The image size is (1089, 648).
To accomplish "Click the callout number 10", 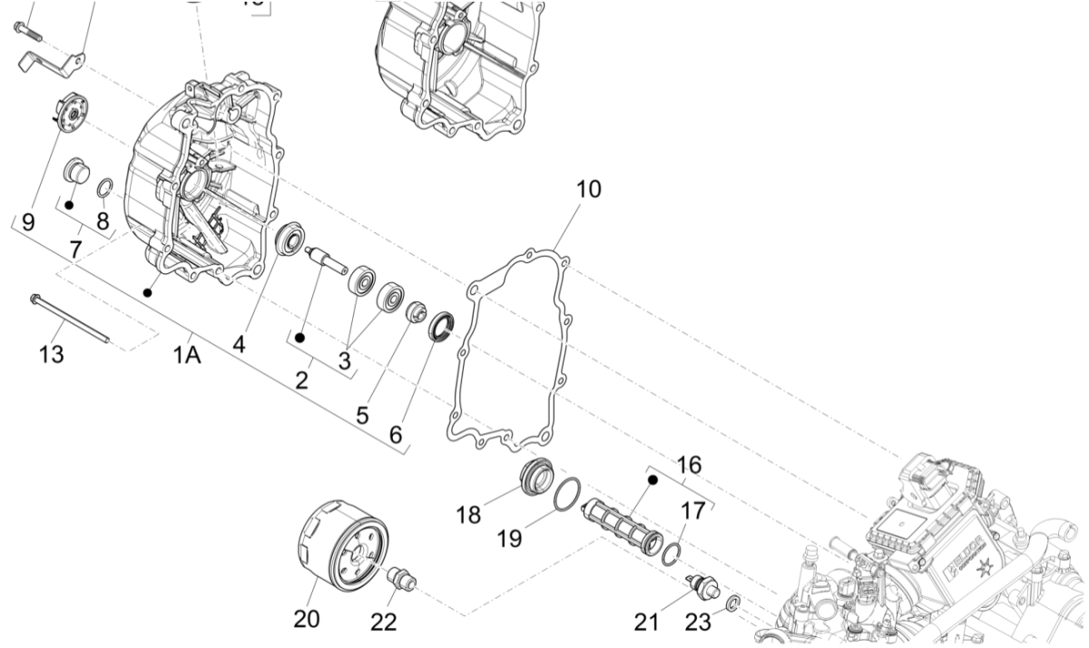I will tap(588, 190).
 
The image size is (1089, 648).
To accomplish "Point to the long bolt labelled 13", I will tap(70, 319).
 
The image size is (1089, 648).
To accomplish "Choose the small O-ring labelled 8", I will tap(105, 189).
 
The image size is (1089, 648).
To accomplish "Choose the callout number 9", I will tap(28, 221).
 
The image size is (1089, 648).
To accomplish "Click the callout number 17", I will tap(692, 511).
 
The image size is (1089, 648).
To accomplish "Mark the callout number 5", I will tap(362, 416).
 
